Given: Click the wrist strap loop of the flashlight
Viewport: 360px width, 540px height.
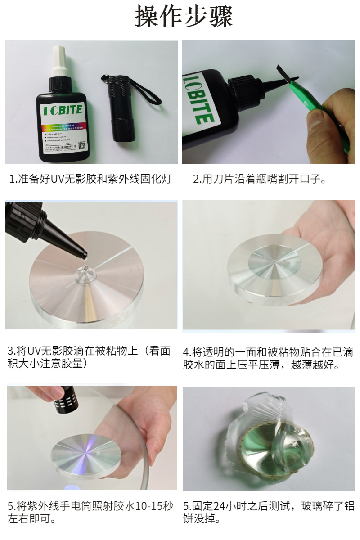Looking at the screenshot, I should [x=144, y=90].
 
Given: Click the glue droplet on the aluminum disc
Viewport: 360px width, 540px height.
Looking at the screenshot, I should [x=84, y=271].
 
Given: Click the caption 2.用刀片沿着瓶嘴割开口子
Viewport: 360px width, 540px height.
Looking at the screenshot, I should [x=260, y=179].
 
